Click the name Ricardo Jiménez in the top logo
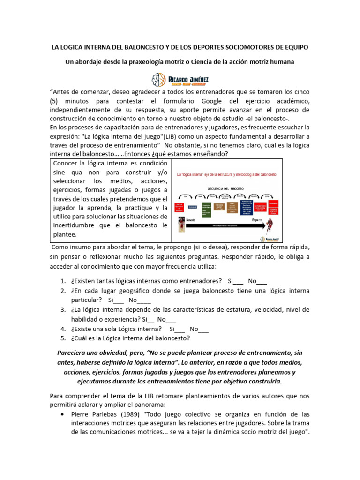tap(187, 76)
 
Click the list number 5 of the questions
tap(63, 338)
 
